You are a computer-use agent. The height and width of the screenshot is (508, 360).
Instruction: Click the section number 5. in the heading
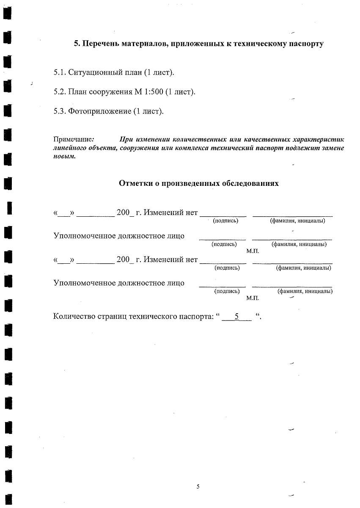pyautogui.click(x=77, y=44)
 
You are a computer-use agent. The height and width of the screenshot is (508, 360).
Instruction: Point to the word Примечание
pyautogui.click(x=73, y=139)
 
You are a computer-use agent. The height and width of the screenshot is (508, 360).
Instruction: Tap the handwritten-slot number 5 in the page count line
pyautogui.click(x=237, y=316)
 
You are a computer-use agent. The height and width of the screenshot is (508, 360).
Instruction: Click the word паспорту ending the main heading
pyautogui.click(x=305, y=44)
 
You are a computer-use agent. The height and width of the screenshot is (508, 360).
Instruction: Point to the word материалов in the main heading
pyautogui.click(x=141, y=44)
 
